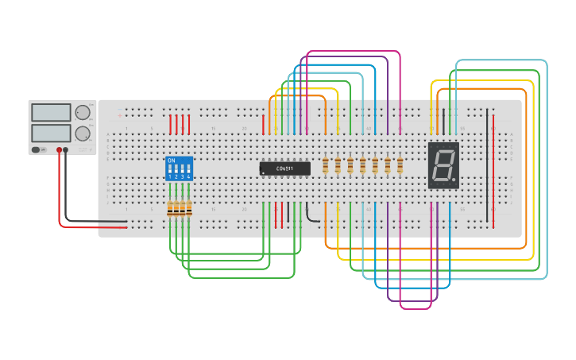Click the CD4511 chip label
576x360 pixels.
coord(284,168)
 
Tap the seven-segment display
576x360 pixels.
coord(443,165)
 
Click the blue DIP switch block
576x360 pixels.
coord(179,168)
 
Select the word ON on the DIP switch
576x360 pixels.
coord(171,161)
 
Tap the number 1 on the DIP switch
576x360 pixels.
coord(169,176)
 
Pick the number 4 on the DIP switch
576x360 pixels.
coord(188,176)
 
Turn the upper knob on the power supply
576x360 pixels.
coord(83,112)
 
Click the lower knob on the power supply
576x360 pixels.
coord(83,133)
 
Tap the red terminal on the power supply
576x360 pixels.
coord(59,149)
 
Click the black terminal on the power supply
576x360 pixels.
coord(66,149)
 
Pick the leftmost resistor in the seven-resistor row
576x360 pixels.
coord(326,165)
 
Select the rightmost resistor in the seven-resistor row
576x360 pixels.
coord(400,165)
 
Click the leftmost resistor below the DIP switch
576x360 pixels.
coord(170,209)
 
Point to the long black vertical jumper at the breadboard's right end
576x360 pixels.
coord(487,167)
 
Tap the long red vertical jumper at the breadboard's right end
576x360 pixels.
coord(493,171)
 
